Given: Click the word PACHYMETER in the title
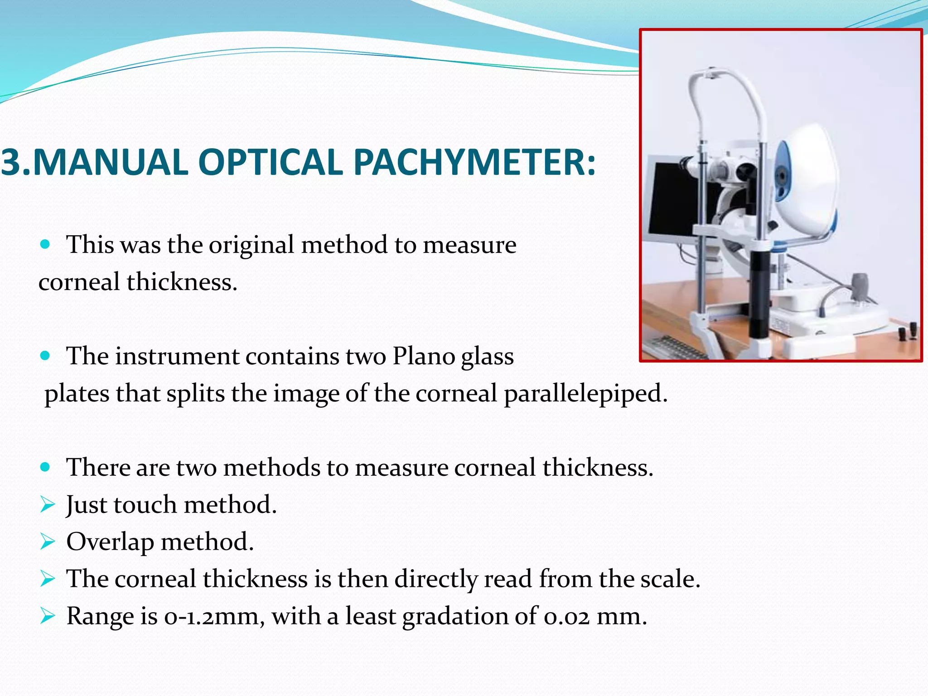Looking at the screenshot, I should pyautogui.click(x=474, y=162).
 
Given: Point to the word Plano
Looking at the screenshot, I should pyautogui.click(x=423, y=356).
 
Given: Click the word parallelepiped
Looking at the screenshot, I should pyautogui.click(x=585, y=393).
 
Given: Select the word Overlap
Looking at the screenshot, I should pyautogui.click(x=110, y=542).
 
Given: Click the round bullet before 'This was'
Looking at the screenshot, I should pyautogui.click(x=45, y=245).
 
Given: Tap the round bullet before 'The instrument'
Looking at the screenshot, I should pyautogui.click(x=45, y=356).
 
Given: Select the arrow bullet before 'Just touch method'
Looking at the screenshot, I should pyautogui.click(x=47, y=504).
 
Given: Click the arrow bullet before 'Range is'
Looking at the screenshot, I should pyautogui.click(x=47, y=616).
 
